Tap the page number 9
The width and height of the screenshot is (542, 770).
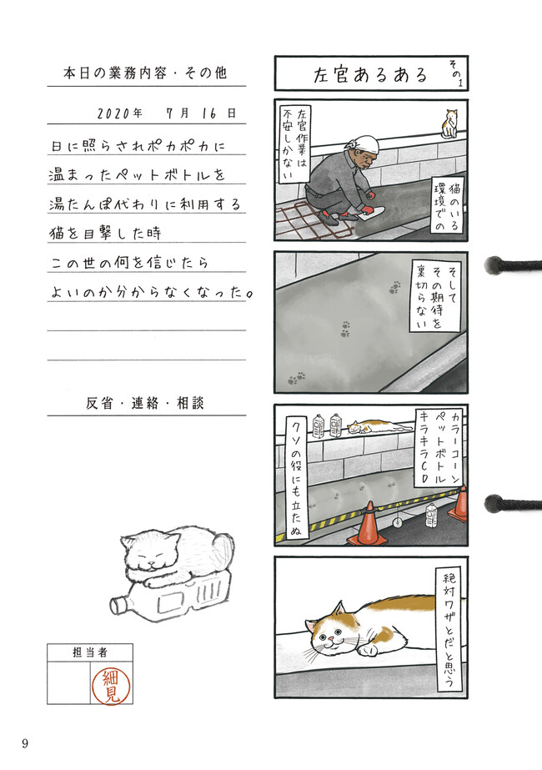25,743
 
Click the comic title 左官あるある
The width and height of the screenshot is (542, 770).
371,74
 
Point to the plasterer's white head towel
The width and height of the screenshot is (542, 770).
363,144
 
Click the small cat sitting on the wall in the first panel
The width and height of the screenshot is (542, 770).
450,123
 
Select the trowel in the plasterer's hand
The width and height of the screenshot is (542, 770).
372,212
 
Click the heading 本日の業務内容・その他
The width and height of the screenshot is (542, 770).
145,73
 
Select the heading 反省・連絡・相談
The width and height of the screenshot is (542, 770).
145,403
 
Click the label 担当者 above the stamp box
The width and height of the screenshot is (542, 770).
89,652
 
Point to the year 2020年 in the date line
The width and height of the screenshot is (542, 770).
120,113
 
